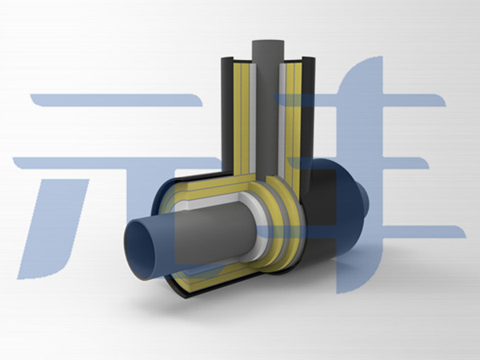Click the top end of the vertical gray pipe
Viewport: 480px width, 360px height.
[268, 43]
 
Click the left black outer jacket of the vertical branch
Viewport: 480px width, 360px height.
[227, 114]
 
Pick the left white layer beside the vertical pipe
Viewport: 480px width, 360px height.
[253, 118]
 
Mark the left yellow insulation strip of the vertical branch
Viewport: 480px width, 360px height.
[242, 118]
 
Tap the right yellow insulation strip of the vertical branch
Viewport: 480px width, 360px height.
[294, 122]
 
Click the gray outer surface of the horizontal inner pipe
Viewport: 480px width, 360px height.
[214, 233]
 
